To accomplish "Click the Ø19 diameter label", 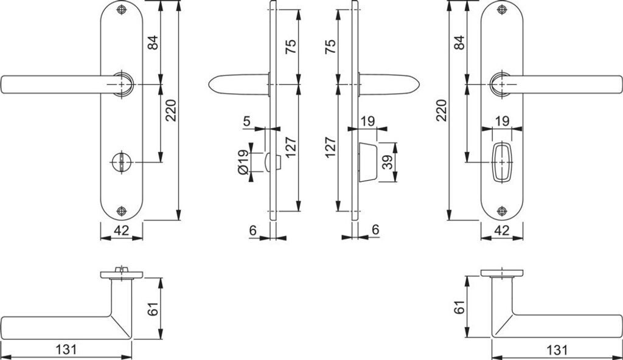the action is tap(243, 162).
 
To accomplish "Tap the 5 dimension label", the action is tap(246, 121).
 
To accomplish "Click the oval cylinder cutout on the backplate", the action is tap(503, 162).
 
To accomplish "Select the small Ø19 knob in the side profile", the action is tap(271, 162).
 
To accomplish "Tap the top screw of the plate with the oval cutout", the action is tap(502, 10).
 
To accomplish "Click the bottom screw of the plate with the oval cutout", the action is tap(502, 211).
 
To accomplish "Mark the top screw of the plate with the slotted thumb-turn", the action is tap(122, 10).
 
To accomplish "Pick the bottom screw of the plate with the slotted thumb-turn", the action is tap(122, 211).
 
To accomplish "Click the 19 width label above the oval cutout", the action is tap(502, 121).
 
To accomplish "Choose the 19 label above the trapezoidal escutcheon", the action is tap(367, 121).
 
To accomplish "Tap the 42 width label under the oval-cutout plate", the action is tap(502, 230).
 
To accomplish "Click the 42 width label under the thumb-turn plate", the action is tap(121, 230).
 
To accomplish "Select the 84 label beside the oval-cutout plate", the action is tap(459, 43).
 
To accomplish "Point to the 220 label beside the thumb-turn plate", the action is tap(171, 109).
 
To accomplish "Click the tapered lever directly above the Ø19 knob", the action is tap(237, 84).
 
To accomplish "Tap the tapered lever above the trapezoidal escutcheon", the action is tap(389, 84).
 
